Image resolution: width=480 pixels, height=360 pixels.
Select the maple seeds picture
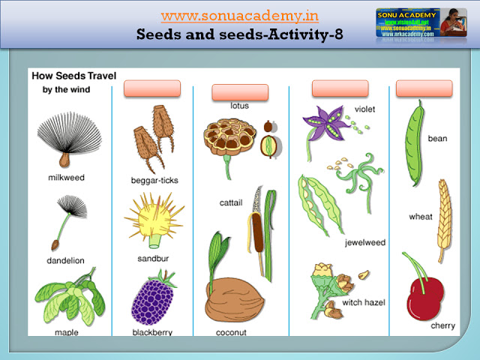(68, 296)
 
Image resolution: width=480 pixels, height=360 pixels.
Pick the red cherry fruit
(424, 295)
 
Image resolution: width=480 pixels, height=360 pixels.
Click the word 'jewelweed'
(364, 243)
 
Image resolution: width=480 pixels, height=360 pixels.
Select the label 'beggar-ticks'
(154, 181)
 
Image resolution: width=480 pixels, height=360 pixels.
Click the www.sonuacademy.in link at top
(239, 16)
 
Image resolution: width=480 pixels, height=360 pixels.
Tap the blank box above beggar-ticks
(152, 88)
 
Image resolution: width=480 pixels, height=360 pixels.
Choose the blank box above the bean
(424, 88)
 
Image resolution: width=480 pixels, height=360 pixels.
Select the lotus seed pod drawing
(229, 139)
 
